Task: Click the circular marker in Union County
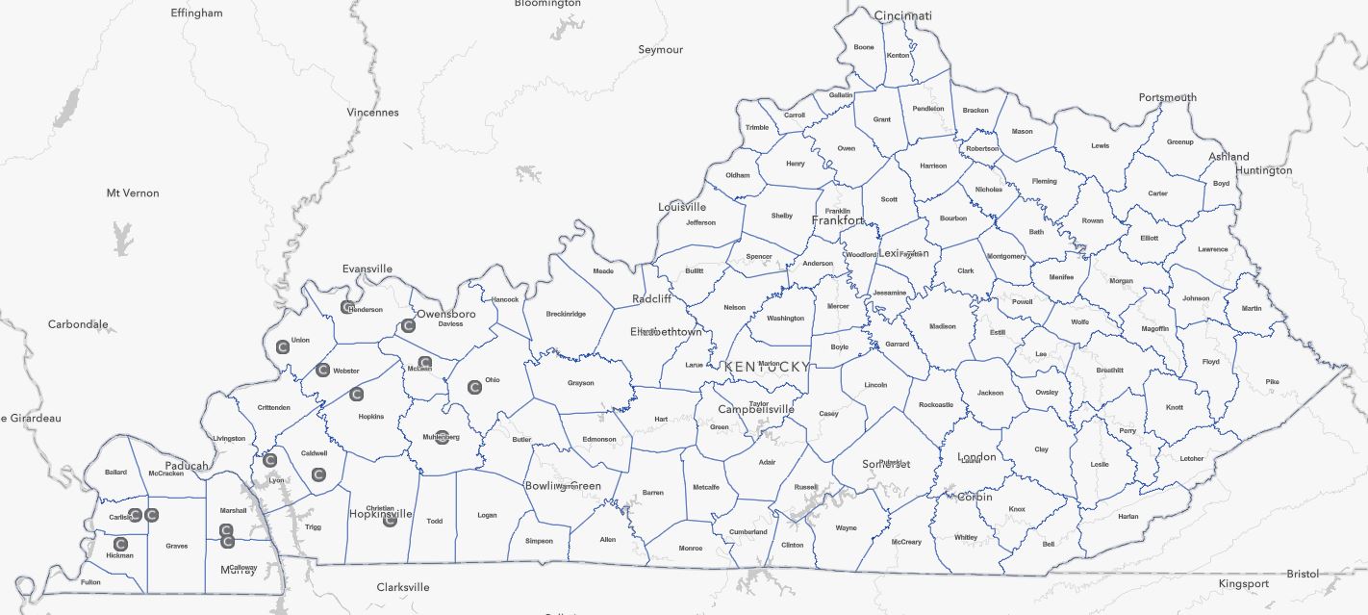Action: point(283,346)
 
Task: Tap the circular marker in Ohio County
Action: point(474,387)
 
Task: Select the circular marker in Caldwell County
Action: point(318,474)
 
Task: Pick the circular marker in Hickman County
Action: point(121,544)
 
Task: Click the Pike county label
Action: point(1273,382)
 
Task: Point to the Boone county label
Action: point(864,47)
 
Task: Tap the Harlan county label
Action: point(1128,517)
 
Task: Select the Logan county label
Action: point(488,515)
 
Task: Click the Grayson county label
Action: point(581,383)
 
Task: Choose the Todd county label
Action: point(435,521)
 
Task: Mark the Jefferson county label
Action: point(700,222)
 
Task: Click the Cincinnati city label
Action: point(903,15)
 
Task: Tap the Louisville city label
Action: point(682,207)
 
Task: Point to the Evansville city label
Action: point(367,269)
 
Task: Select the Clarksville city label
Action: point(403,587)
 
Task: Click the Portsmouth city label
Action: point(1168,97)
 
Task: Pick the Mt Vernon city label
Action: point(133,193)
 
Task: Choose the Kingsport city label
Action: point(1244,583)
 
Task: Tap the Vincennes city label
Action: point(373,113)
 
